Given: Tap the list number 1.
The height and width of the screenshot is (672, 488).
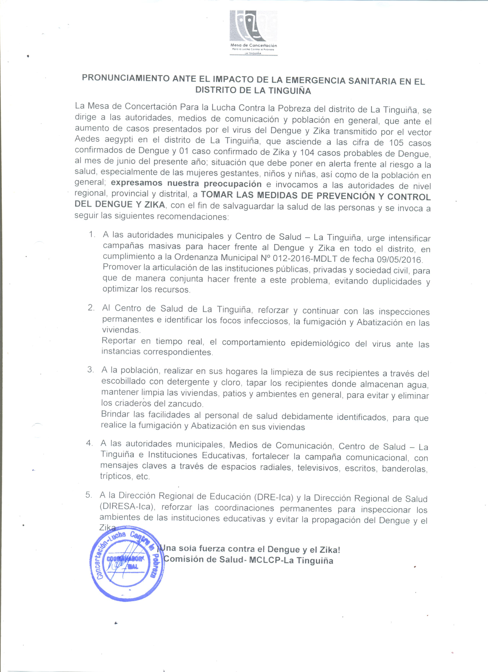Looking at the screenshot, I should [x=92, y=234].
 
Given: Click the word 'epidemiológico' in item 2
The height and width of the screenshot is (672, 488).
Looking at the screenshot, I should [x=320, y=343].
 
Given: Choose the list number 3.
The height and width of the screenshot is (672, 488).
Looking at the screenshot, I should [x=91, y=370].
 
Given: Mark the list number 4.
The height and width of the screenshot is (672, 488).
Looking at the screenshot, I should [x=89, y=443].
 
